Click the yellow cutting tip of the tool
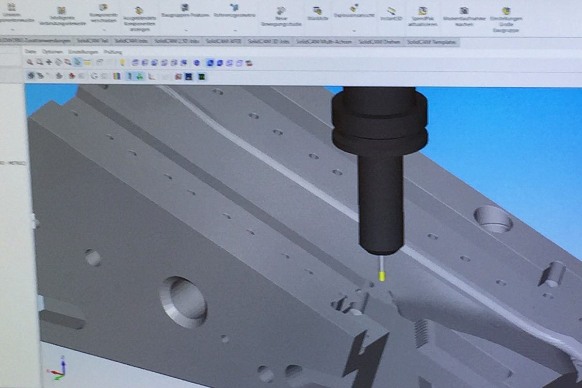(382, 275)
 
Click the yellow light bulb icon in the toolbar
(122, 63)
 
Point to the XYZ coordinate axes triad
(57, 368)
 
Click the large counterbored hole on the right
(493, 219)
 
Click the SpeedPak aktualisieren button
(423, 16)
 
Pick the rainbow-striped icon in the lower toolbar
(116, 76)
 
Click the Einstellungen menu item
(77, 52)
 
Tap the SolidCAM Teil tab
(92, 42)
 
